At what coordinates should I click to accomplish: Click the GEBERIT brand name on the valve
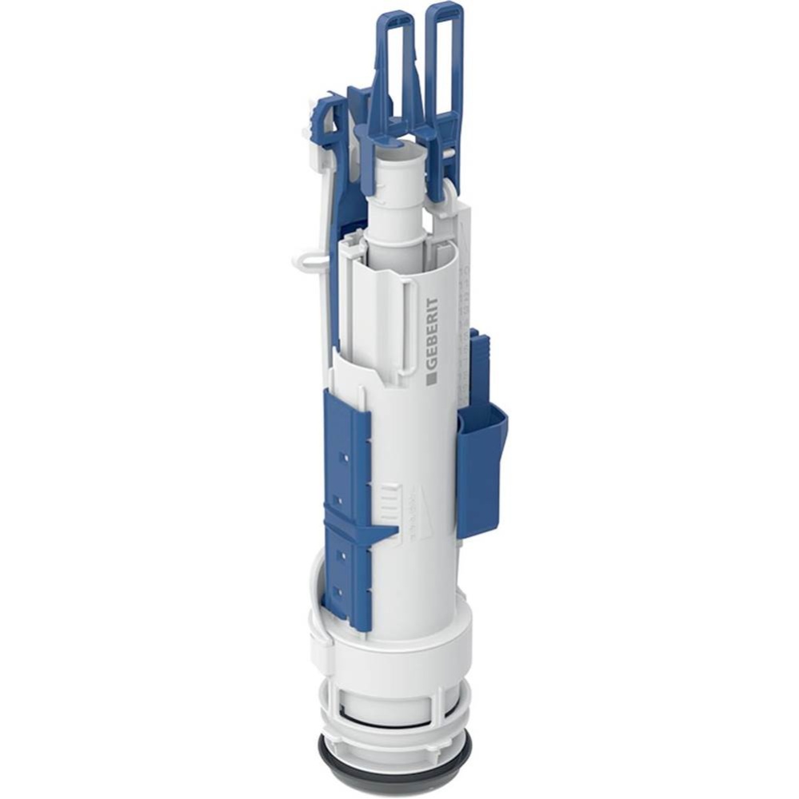point(432,333)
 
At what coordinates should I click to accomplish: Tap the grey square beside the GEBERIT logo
point(431,380)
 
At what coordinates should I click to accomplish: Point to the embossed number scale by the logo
point(462,336)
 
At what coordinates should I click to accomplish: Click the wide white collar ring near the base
point(392,643)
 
